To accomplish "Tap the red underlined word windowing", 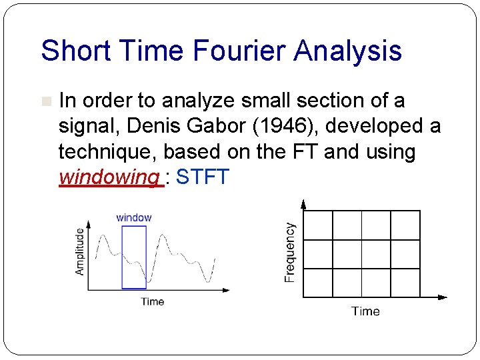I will (x=109, y=177).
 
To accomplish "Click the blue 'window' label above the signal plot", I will (x=133, y=217).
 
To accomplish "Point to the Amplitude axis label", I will (x=80, y=251).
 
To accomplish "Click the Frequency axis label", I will (x=290, y=252).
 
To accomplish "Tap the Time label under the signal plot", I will (x=152, y=301).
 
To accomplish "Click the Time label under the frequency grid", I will (x=365, y=311).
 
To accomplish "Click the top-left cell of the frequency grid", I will (x=317, y=225).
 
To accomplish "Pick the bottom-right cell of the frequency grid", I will (x=405, y=283).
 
